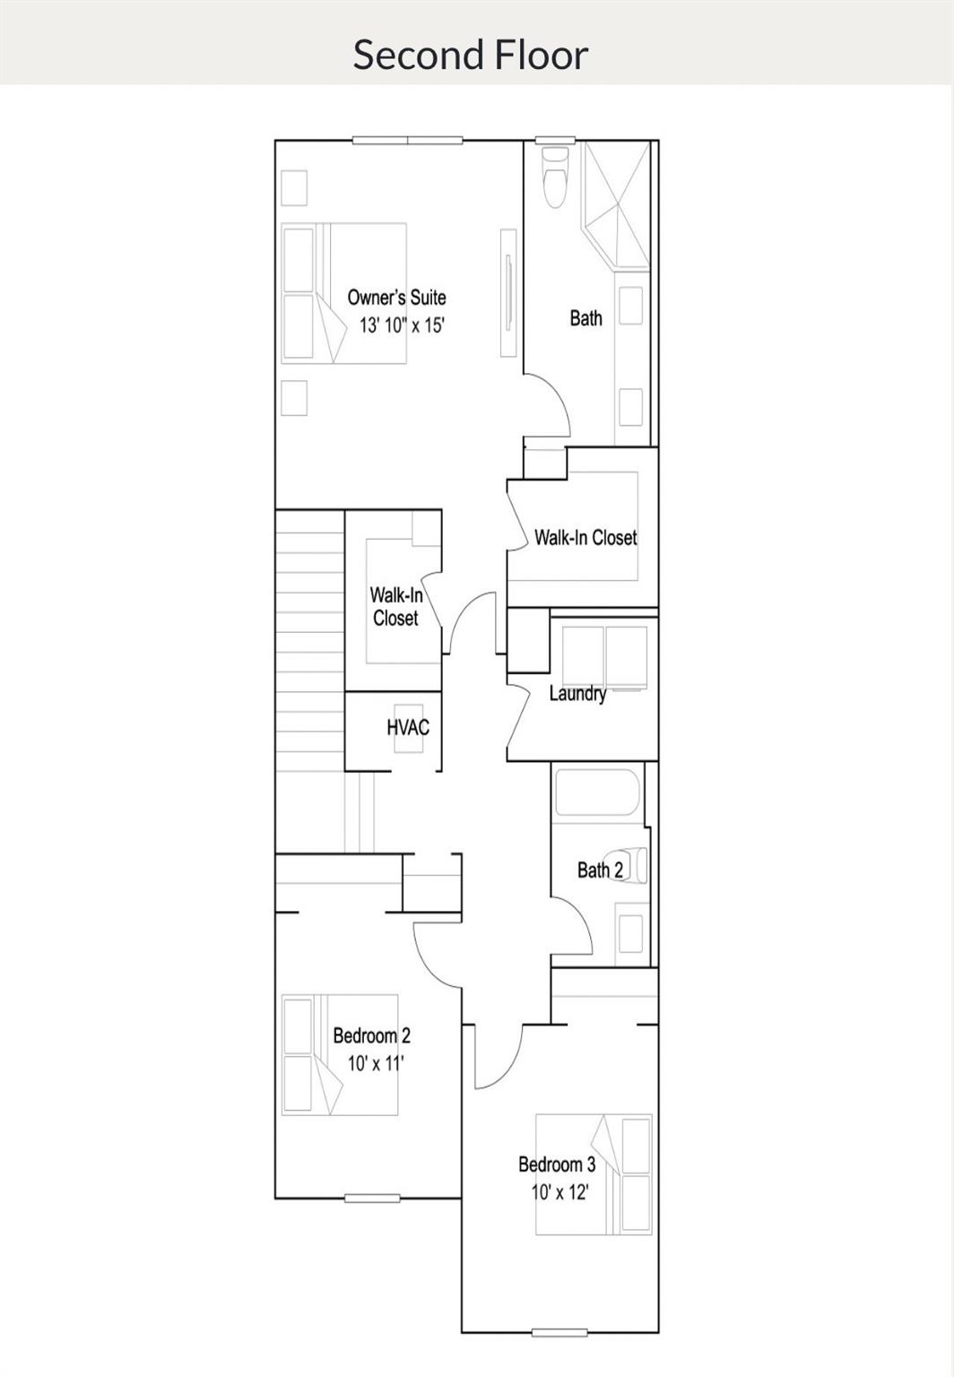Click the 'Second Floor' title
tap(470, 55)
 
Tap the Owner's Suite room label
tap(396, 298)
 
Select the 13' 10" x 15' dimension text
tap(402, 325)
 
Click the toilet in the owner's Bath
tap(555, 178)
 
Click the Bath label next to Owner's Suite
tap(585, 318)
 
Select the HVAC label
tap(408, 727)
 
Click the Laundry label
tap(577, 693)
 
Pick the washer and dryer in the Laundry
tap(604, 657)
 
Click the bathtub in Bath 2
tap(596, 792)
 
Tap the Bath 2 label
tap(600, 870)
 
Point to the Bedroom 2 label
tap(371, 1036)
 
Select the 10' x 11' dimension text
tap(376, 1064)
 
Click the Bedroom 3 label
tap(556, 1165)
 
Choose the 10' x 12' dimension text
tap(559, 1192)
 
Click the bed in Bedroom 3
tap(594, 1174)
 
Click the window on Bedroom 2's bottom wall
tap(372, 1198)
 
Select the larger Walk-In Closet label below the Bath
tap(585, 538)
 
